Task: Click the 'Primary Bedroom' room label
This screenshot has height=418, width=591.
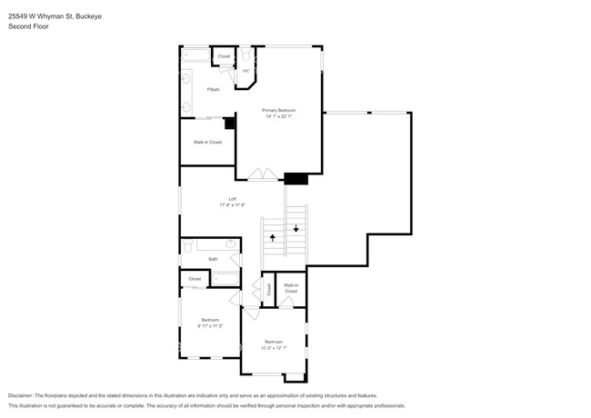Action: tap(280, 110)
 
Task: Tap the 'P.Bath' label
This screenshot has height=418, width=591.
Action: tap(213, 89)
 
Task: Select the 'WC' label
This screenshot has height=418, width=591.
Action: tap(245, 71)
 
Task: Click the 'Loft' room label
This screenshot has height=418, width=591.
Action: tap(232, 199)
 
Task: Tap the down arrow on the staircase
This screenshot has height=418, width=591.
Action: tap(295, 228)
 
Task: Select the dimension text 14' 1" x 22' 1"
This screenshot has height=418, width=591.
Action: tap(280, 116)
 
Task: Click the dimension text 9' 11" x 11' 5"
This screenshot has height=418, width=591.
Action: tap(210, 325)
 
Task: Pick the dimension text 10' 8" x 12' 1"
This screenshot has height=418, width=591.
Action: tap(274, 347)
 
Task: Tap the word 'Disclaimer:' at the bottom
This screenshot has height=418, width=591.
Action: tap(20, 396)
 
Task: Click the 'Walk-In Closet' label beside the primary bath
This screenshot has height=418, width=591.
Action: tap(207, 142)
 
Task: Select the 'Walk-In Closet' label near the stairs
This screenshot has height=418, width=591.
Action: tap(291, 288)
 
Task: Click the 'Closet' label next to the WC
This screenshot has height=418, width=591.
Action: tap(224, 57)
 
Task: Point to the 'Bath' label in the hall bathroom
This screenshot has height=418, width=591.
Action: tap(213, 259)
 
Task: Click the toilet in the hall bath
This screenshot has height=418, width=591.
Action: tap(231, 244)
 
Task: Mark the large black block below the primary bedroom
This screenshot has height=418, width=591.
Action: tap(295, 179)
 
